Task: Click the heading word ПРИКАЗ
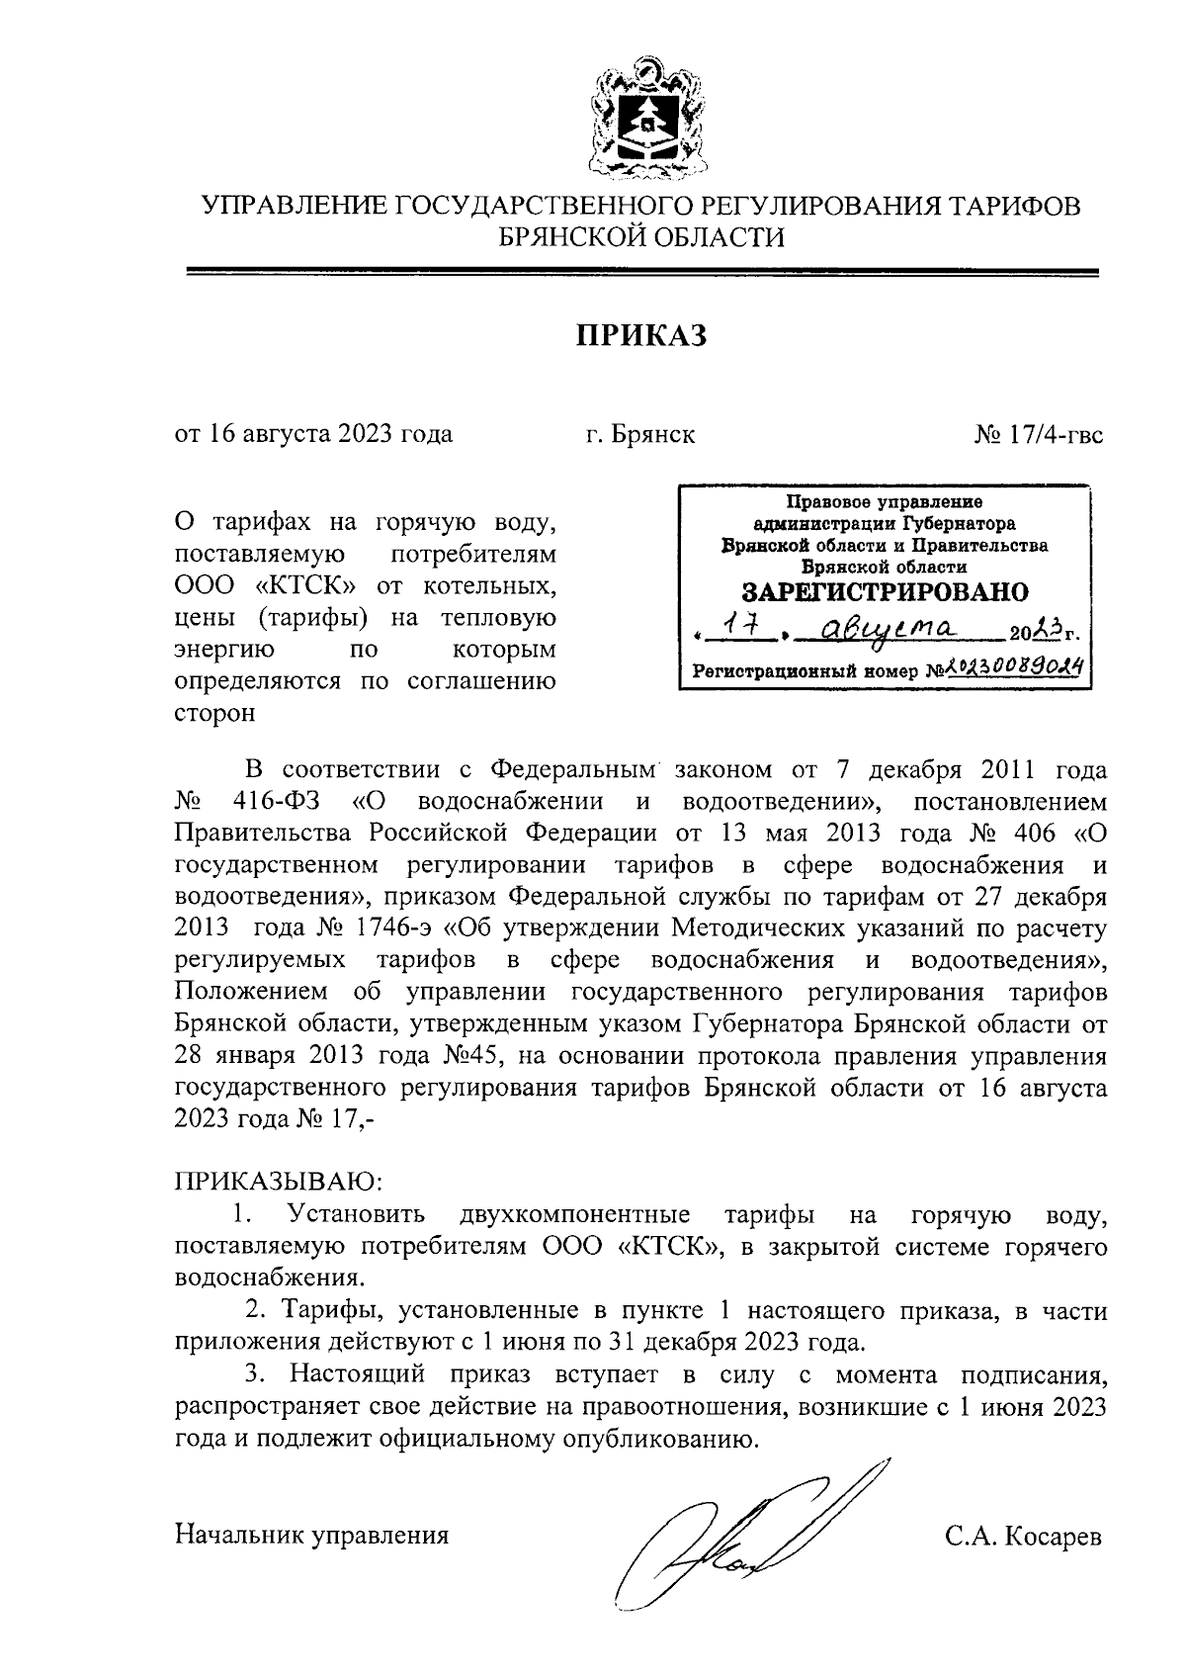(642, 336)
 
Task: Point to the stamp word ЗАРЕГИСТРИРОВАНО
(885, 592)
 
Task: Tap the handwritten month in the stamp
(885, 628)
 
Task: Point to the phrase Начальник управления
(311, 1536)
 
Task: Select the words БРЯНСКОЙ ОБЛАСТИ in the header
(641, 237)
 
